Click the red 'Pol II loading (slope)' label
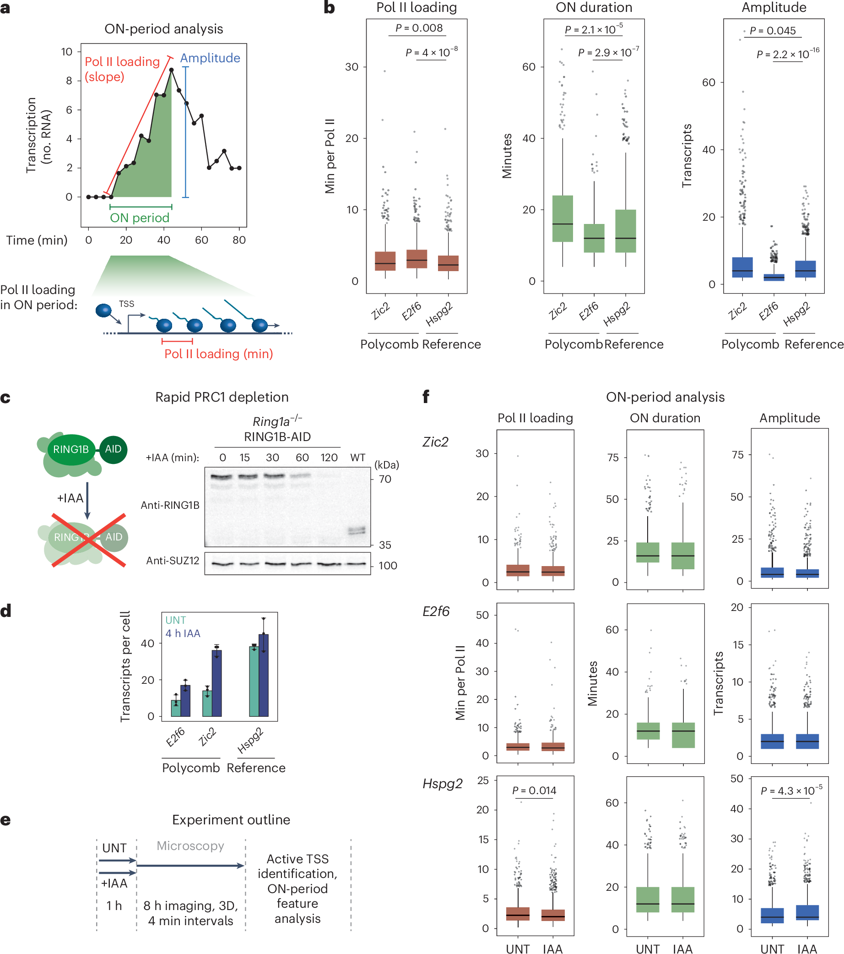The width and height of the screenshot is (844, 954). pyautogui.click(x=122, y=69)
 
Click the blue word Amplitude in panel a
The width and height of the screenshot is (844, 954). pyautogui.click(x=210, y=58)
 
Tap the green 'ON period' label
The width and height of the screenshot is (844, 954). pyautogui.click(x=140, y=218)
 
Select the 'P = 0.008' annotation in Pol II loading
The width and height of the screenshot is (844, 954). pyautogui.click(x=419, y=28)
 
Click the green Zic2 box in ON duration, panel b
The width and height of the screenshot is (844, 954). pyautogui.click(x=562, y=218)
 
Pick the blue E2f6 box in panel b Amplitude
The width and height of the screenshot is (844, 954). pyautogui.click(x=774, y=277)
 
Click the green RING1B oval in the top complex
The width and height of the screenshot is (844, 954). pyautogui.click(x=71, y=449)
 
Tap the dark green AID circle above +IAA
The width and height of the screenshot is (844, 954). pyautogui.click(x=113, y=449)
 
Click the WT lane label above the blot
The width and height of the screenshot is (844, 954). pyautogui.click(x=357, y=458)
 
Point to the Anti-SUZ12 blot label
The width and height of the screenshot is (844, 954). pyautogui.click(x=173, y=561)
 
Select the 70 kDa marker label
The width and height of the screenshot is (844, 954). pyautogui.click(x=384, y=479)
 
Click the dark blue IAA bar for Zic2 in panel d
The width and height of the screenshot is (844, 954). pyautogui.click(x=217, y=683)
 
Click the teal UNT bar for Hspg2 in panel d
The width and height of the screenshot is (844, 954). pyautogui.click(x=254, y=681)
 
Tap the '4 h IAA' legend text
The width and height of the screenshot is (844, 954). pyautogui.click(x=183, y=633)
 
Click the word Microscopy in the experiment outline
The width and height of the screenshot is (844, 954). pyautogui.click(x=190, y=846)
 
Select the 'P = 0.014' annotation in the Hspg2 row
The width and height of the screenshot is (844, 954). pyautogui.click(x=534, y=790)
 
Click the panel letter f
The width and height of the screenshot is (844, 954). pyautogui.click(x=426, y=397)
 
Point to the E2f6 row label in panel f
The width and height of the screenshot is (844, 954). pyautogui.click(x=436, y=611)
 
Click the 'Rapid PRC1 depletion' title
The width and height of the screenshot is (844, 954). pyautogui.click(x=222, y=397)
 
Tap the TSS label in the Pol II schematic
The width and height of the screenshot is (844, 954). pyautogui.click(x=126, y=304)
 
